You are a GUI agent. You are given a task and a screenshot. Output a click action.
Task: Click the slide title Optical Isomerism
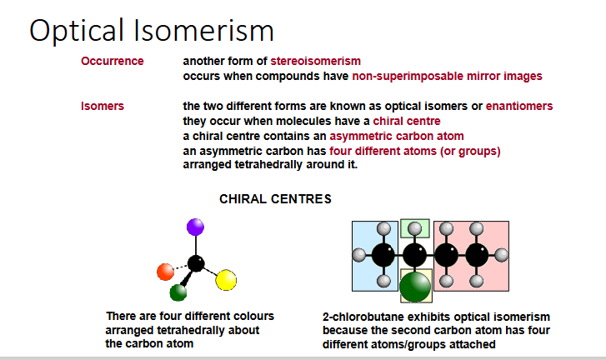click(152, 31)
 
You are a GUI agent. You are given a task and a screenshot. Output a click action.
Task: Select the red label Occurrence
click(112, 61)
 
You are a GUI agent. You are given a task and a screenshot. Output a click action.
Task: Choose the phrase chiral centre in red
click(407, 121)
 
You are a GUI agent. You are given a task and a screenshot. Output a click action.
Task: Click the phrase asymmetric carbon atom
click(397, 136)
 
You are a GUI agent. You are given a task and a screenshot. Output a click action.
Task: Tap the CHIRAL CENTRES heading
click(275, 199)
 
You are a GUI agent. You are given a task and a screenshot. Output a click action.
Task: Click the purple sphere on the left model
click(195, 226)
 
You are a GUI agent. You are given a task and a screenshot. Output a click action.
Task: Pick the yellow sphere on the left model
click(226, 282)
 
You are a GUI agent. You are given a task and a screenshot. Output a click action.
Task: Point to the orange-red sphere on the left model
click(165, 271)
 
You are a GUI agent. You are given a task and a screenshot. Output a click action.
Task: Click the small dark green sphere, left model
click(178, 292)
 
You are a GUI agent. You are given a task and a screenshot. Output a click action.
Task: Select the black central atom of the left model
click(196, 263)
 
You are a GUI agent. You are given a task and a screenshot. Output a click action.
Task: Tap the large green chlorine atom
click(414, 287)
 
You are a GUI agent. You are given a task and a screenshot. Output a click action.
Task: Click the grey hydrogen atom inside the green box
click(414, 227)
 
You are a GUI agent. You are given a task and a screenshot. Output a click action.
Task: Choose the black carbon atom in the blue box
click(383, 255)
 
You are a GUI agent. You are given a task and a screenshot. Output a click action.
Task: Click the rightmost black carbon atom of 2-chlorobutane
click(477, 255)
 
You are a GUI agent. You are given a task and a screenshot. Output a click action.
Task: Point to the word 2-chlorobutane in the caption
click(364, 317)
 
